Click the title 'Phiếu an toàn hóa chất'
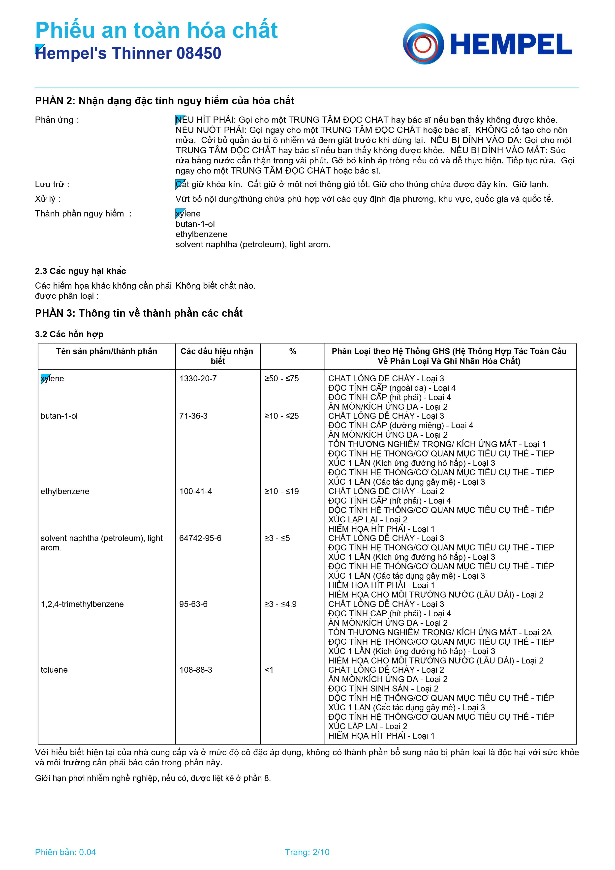coord(156,30)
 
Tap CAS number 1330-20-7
coord(198,379)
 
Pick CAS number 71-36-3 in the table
coord(193,416)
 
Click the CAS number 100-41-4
coord(195,491)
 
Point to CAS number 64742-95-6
coord(200,538)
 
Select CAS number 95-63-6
coord(193,604)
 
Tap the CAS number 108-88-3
coord(195,670)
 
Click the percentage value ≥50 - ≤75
coord(281,379)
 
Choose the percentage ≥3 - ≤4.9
coord(280,604)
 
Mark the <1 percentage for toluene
coord(269,670)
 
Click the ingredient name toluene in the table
coord(54,670)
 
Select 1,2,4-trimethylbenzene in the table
coord(82,604)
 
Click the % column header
coord(293,352)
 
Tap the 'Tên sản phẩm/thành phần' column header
coord(106,351)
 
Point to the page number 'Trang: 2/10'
coord(307,852)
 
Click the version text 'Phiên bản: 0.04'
coord(65,852)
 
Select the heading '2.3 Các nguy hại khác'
coord(80,271)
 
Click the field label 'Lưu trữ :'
coord(52,184)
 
